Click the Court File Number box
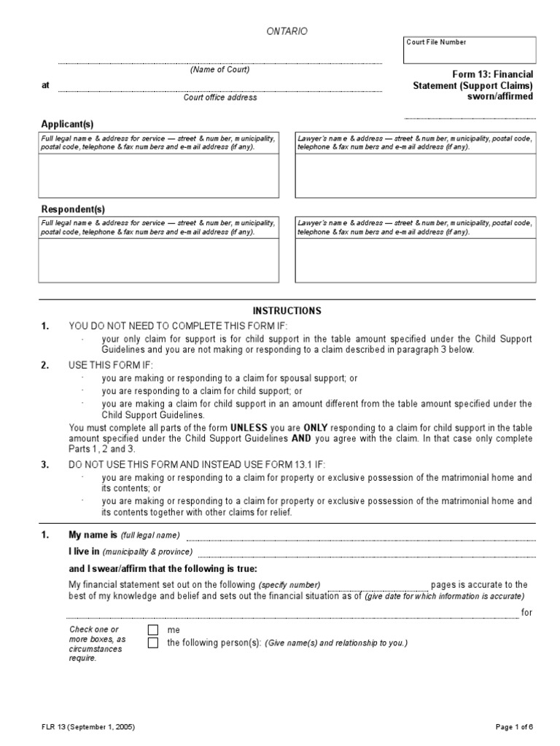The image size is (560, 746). click(469, 50)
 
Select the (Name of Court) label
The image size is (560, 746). click(219, 70)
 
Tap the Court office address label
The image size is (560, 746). click(219, 97)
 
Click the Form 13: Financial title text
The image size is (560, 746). click(492, 74)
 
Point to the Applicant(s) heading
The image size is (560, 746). click(66, 124)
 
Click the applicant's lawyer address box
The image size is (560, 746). click(415, 175)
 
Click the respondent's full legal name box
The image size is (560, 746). click(158, 260)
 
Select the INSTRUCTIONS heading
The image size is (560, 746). click(287, 311)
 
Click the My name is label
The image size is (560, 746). click(93, 535)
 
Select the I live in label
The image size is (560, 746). click(84, 551)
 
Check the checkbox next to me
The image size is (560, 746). click(152, 630)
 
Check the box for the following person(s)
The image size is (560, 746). click(152, 643)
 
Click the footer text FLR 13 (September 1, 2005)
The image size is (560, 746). click(87, 727)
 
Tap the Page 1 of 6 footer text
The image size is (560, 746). click(515, 727)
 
